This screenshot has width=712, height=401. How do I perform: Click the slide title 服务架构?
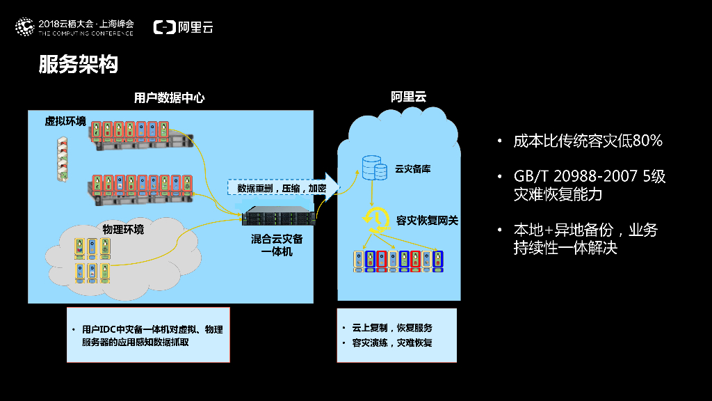tap(78, 65)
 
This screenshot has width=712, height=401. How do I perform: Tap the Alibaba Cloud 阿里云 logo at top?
tap(184, 27)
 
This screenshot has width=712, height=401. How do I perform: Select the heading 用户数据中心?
tap(169, 98)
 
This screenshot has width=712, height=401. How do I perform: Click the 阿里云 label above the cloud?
tap(408, 97)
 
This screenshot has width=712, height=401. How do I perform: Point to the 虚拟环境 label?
tap(65, 122)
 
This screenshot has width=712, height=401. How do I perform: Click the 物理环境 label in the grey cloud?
tap(123, 229)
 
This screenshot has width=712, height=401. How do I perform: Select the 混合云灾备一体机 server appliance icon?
tap(278, 217)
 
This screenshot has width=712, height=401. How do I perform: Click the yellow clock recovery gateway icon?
tap(374, 219)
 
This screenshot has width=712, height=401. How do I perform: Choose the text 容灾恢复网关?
tap(427, 220)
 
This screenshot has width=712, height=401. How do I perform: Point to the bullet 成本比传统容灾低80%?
tap(588, 141)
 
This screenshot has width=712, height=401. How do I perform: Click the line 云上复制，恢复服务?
tap(392, 328)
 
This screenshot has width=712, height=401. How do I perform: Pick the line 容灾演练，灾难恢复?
tap(392, 343)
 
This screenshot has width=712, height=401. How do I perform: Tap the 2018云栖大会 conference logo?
tap(74, 27)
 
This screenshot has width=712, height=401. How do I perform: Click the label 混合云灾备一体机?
tap(277, 244)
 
